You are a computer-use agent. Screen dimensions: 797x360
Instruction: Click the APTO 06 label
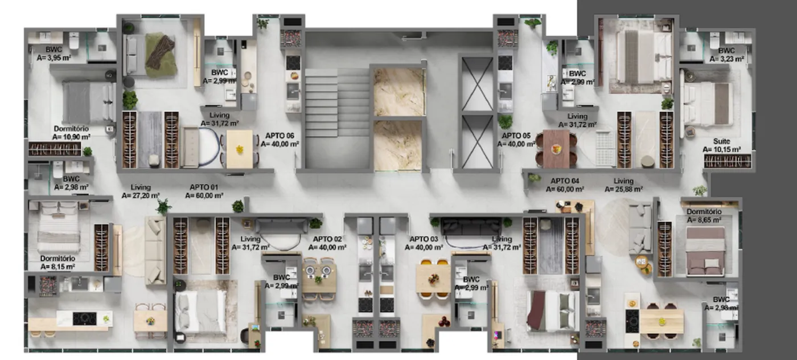280,136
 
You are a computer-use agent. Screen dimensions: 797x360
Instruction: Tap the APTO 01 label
204,187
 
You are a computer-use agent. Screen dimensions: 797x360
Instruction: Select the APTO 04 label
565,181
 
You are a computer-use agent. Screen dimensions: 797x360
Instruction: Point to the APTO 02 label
327,239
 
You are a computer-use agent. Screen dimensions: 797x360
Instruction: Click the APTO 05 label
516,136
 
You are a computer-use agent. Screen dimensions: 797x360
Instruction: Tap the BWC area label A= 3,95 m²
54,58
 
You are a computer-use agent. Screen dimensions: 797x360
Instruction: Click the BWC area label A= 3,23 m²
726,59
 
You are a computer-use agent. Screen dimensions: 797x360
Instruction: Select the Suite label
722,141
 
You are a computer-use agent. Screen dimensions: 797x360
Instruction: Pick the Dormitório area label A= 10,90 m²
71,137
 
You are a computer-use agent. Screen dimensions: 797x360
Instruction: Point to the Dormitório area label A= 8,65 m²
704,220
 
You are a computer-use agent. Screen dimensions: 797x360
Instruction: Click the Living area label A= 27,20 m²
141,195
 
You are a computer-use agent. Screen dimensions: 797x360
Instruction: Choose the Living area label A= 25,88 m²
623,190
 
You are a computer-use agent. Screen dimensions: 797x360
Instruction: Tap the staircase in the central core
337,103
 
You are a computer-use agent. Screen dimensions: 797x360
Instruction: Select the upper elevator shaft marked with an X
477,84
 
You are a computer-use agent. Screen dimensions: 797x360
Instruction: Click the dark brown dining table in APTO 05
556,149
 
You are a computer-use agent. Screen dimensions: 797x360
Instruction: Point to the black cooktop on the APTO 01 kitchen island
84,318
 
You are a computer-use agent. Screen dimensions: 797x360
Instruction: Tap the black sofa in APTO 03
471,226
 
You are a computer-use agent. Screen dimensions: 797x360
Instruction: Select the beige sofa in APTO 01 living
155,250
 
